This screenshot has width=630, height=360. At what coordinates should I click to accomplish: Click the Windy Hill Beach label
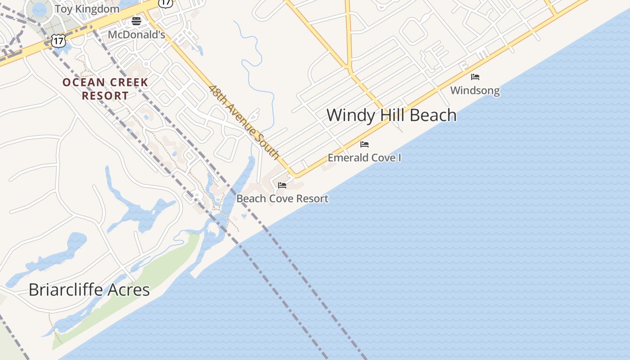pos(391,115)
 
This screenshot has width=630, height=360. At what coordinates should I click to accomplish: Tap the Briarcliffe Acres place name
pos(89,289)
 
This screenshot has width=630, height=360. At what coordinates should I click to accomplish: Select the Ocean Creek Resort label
pos(105,89)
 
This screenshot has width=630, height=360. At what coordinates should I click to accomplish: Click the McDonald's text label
pos(136,35)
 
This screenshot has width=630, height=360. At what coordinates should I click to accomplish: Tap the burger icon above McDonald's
pos(136,21)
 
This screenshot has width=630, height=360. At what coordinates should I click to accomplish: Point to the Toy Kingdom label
pos(87,9)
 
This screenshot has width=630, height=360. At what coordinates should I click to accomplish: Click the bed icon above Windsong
pos(475,77)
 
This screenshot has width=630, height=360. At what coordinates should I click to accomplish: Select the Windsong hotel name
pos(475,90)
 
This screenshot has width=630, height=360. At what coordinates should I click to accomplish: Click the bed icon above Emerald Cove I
pos(364,144)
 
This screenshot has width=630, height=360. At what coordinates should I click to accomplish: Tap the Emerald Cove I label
pos(364,158)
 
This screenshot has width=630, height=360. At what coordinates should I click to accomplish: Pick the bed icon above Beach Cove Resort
pos(282,185)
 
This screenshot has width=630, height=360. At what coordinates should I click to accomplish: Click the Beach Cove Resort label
pos(282,198)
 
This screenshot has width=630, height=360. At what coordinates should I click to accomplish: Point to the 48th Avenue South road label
pos(244,121)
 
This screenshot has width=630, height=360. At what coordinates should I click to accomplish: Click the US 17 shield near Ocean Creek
pos(58,41)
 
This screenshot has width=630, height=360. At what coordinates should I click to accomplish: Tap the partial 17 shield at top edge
pos(166,3)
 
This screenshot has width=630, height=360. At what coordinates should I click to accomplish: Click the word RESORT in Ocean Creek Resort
pos(105,96)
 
